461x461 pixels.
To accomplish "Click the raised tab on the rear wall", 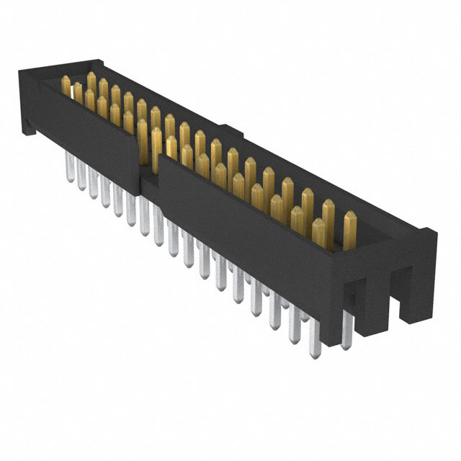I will coord(229,132).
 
